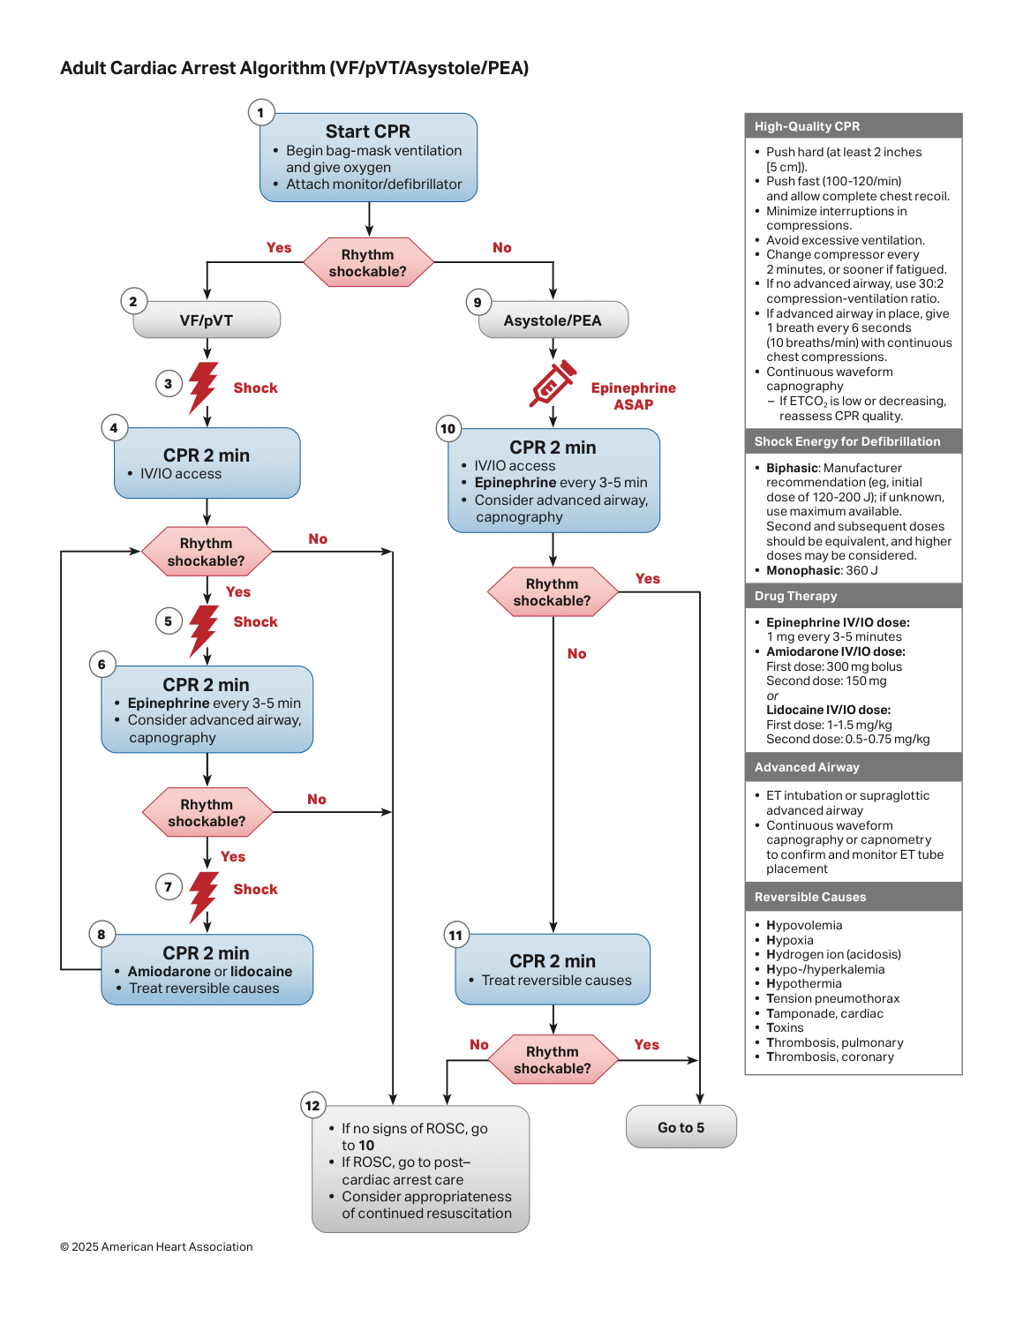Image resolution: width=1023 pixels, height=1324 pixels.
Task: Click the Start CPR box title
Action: (x=367, y=131)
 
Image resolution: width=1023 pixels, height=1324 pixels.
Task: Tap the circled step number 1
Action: (x=260, y=113)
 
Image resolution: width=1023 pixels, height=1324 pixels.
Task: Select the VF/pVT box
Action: (x=207, y=320)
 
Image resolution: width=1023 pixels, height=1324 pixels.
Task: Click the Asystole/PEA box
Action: (x=553, y=320)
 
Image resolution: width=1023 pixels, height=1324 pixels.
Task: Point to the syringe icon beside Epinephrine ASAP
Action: (x=552, y=383)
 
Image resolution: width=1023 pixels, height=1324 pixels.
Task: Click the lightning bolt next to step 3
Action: (x=203, y=387)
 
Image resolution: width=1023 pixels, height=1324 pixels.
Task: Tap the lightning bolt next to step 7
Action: (x=203, y=896)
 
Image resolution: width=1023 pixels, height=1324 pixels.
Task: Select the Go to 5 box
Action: (x=681, y=1127)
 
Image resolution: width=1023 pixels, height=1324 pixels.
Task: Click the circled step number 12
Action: (x=312, y=1105)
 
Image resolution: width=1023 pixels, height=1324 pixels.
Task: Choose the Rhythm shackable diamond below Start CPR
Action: (x=369, y=263)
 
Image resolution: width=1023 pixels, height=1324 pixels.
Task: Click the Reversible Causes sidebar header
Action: (x=853, y=897)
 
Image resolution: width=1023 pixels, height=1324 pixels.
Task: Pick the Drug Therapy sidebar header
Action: (x=853, y=596)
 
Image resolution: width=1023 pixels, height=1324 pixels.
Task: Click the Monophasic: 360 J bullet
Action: (x=822, y=570)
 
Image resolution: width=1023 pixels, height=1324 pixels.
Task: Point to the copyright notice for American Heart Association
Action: (x=156, y=1246)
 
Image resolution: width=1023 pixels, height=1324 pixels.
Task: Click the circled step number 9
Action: (x=478, y=302)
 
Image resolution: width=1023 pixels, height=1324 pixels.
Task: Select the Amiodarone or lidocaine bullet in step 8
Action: (x=209, y=971)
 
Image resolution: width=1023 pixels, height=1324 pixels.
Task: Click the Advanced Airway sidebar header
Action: (x=853, y=767)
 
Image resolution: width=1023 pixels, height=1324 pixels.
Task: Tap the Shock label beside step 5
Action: (x=255, y=621)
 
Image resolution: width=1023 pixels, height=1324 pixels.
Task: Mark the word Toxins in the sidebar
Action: (x=785, y=1028)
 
